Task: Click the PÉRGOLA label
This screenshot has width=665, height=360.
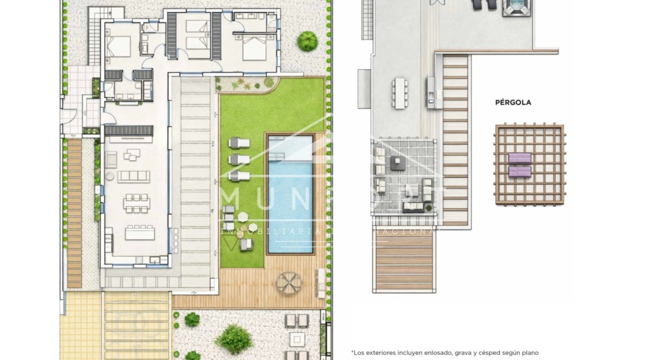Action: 513,103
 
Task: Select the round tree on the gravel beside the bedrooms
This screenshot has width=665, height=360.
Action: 307,41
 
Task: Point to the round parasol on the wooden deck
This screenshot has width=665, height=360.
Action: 288,283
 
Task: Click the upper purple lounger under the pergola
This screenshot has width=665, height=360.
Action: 520,158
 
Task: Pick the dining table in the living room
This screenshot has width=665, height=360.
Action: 137,203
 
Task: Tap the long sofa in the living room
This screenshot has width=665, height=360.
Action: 134,176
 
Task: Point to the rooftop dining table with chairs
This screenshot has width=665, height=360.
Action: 400,93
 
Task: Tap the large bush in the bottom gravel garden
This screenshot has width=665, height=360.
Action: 234,339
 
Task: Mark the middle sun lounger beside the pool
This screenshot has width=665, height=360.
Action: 239,159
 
